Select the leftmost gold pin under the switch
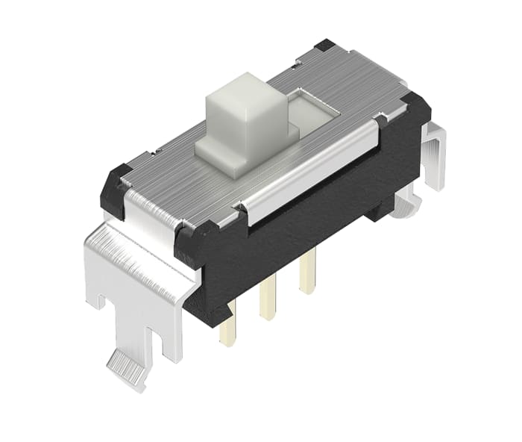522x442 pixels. pos(226,329)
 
